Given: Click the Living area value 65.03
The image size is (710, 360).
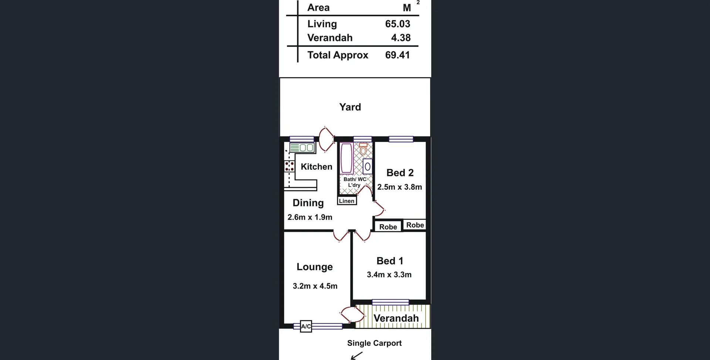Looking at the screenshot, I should (x=398, y=24).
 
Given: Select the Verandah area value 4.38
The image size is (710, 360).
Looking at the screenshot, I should (x=401, y=38).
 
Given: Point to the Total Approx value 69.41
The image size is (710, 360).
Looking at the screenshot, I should (x=398, y=55).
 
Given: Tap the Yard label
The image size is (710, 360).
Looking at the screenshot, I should (x=350, y=107).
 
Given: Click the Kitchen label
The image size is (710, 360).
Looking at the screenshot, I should (x=317, y=167).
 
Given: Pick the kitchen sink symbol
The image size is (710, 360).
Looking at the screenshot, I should (x=302, y=148).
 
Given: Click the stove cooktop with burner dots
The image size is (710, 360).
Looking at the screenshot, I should (x=289, y=166).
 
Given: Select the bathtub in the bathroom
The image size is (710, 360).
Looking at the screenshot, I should (x=346, y=158).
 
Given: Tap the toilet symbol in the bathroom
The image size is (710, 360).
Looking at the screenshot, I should (x=363, y=149).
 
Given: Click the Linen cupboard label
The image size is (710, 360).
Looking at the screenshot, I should (x=347, y=201).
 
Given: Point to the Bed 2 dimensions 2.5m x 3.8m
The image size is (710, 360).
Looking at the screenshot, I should (x=399, y=187).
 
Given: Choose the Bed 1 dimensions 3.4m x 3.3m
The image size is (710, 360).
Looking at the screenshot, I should (x=389, y=275).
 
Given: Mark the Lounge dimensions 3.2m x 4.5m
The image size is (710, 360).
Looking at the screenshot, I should (x=315, y=286).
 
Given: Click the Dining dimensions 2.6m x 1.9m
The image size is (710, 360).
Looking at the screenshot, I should (x=310, y=217).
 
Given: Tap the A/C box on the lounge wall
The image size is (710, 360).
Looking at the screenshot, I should (x=306, y=326).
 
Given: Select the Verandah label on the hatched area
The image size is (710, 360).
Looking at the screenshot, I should (x=396, y=318).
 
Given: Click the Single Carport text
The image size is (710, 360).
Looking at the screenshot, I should (x=374, y=343).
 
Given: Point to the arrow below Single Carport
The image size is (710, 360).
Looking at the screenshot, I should (x=356, y=356).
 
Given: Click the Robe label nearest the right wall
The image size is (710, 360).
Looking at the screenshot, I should (x=415, y=225).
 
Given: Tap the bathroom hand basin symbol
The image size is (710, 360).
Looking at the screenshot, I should (x=368, y=167).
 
